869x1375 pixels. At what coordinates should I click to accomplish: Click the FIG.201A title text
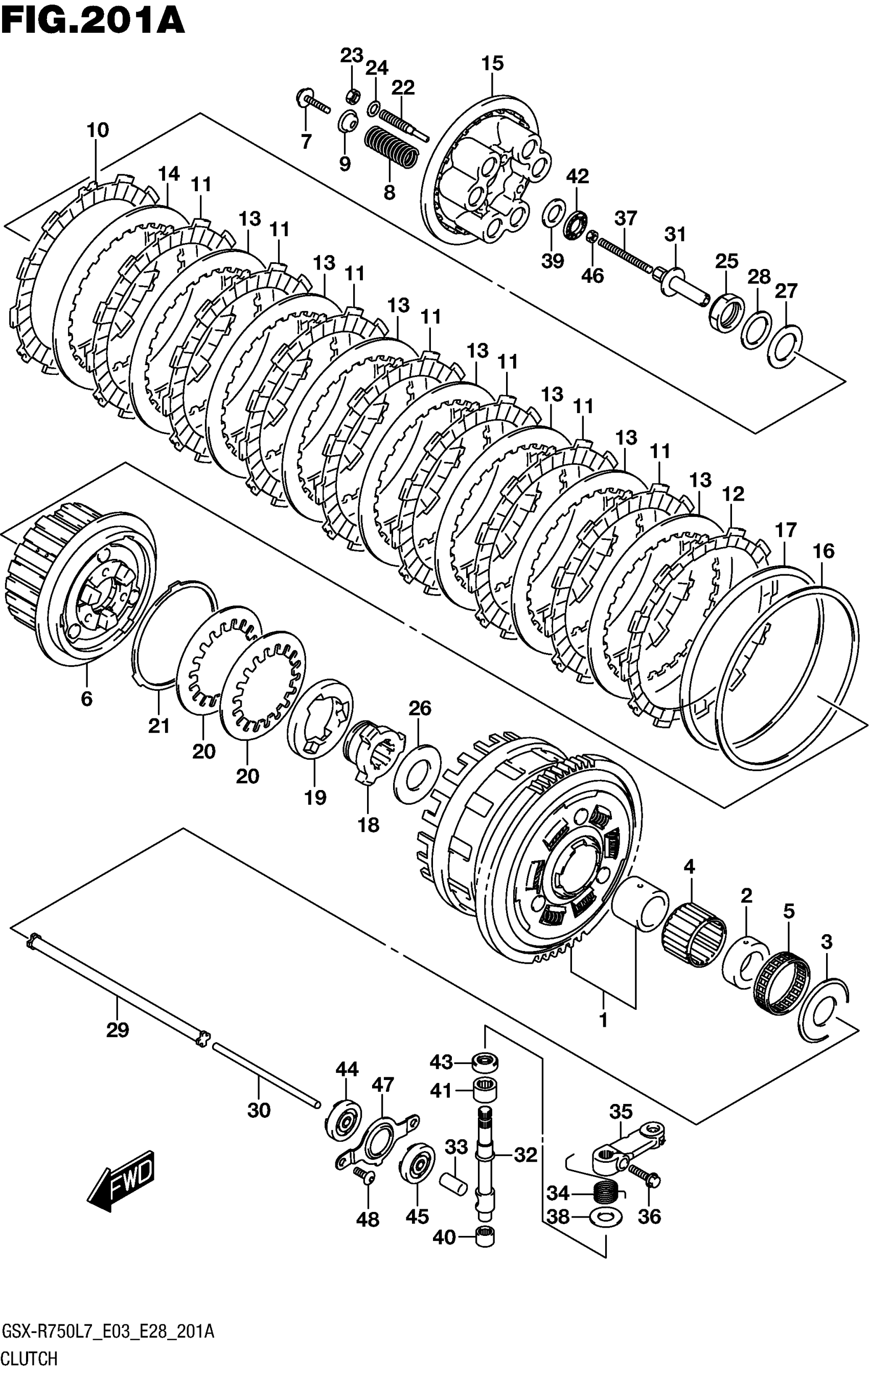(x=93, y=21)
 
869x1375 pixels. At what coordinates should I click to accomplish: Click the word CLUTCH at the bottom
(x=30, y=1358)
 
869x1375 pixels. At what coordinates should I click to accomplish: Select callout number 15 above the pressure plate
(x=492, y=63)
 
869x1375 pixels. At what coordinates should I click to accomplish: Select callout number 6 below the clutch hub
(x=86, y=698)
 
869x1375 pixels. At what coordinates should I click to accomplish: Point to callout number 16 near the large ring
(x=824, y=551)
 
